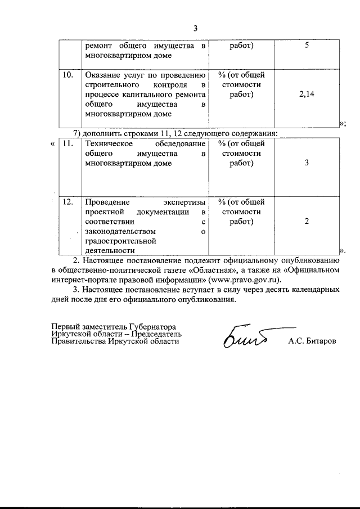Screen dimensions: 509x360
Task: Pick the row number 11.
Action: (x=69, y=143)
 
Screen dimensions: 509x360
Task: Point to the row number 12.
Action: (x=69, y=201)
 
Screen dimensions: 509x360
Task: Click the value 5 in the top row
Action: (x=307, y=46)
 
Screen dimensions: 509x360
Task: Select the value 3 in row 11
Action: (x=307, y=163)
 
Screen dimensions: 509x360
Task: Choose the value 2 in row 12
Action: (x=307, y=221)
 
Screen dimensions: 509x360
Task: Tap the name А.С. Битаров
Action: (x=310, y=341)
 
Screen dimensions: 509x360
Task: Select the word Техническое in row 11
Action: (x=107, y=143)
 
